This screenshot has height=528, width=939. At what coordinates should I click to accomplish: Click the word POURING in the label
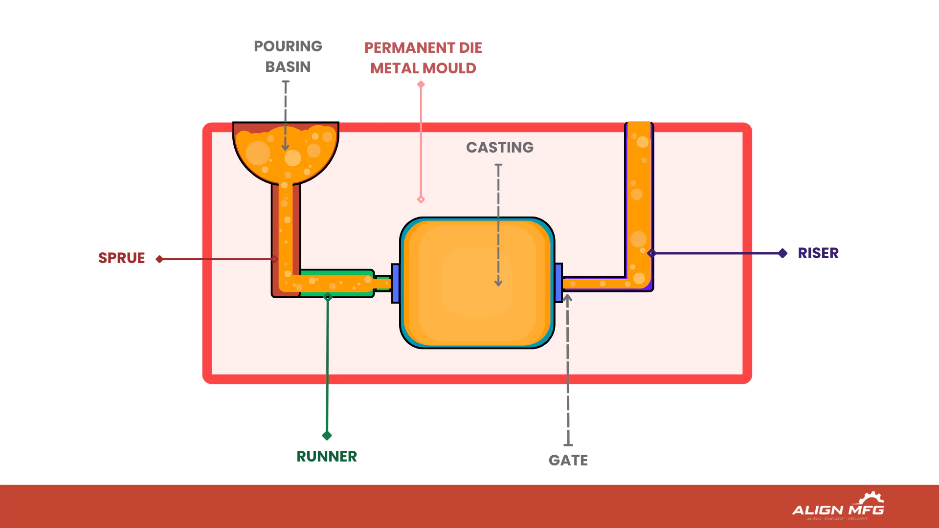point(288,46)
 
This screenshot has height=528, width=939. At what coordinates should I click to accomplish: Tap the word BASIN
point(288,67)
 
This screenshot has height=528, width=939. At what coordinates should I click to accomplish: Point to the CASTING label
point(499,148)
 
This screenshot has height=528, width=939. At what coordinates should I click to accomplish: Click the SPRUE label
point(121,258)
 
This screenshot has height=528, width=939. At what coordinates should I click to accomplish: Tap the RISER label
point(818,253)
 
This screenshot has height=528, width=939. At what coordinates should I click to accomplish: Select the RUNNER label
point(327,457)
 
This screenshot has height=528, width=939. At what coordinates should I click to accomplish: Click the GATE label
point(568,461)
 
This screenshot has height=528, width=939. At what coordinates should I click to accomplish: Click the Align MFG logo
point(838,507)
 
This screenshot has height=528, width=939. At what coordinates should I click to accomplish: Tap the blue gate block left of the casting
point(396,283)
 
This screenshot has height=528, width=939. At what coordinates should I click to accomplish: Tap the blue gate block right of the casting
point(559,283)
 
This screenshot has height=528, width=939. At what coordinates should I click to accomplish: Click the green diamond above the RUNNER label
point(327,436)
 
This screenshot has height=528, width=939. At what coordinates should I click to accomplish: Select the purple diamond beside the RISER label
point(782,253)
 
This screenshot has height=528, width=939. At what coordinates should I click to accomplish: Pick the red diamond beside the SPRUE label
point(159,259)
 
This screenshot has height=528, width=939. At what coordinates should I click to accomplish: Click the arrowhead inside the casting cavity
point(498,283)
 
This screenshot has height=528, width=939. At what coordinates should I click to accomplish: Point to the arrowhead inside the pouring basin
point(285,147)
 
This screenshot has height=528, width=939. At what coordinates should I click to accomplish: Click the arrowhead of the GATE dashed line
point(567,298)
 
